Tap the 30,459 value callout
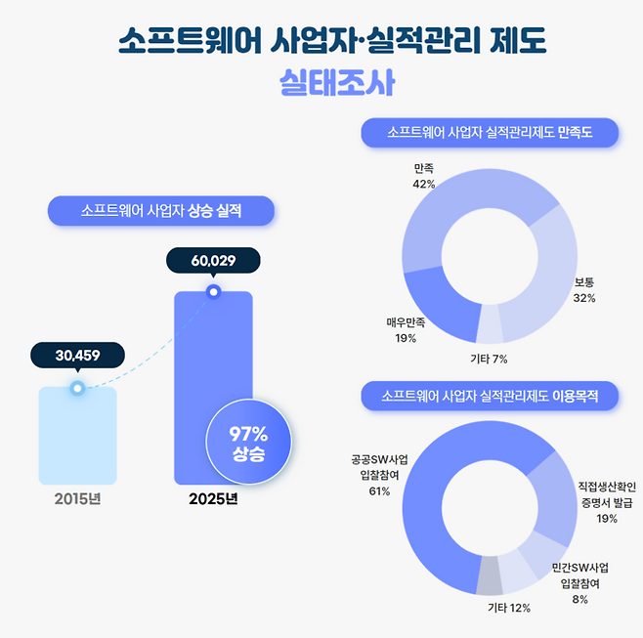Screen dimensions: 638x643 77,355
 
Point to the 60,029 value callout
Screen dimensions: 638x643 213,261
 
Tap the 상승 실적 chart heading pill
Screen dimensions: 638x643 160,210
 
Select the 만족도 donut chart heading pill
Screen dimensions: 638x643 490,132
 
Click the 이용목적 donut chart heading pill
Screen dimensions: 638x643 490,396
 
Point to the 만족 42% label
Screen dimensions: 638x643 423,176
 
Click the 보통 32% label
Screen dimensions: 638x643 584,290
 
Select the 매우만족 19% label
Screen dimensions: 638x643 406,330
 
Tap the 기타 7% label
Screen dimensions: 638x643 489,359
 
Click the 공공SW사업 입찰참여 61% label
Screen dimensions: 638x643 379,474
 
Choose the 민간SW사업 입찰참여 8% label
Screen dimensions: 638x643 579,583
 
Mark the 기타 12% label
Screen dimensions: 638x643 508,609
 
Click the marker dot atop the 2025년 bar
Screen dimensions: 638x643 213,290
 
